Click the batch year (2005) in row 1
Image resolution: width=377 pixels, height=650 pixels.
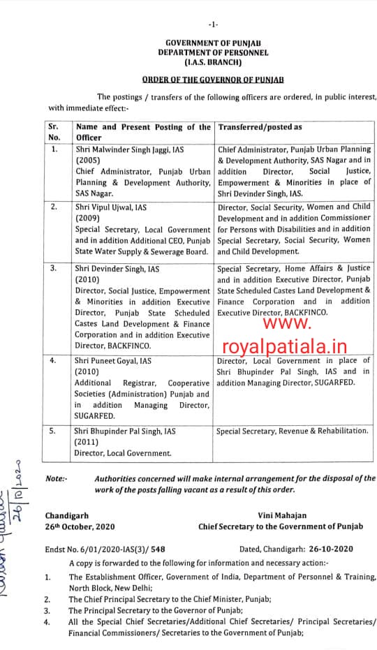(88, 159)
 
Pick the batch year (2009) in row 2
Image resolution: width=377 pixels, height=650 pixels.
(88, 217)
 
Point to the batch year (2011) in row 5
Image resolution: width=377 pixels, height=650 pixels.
(88, 442)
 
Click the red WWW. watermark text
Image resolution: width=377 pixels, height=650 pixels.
(286, 324)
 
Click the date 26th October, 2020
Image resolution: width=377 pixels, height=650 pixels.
(80, 526)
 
